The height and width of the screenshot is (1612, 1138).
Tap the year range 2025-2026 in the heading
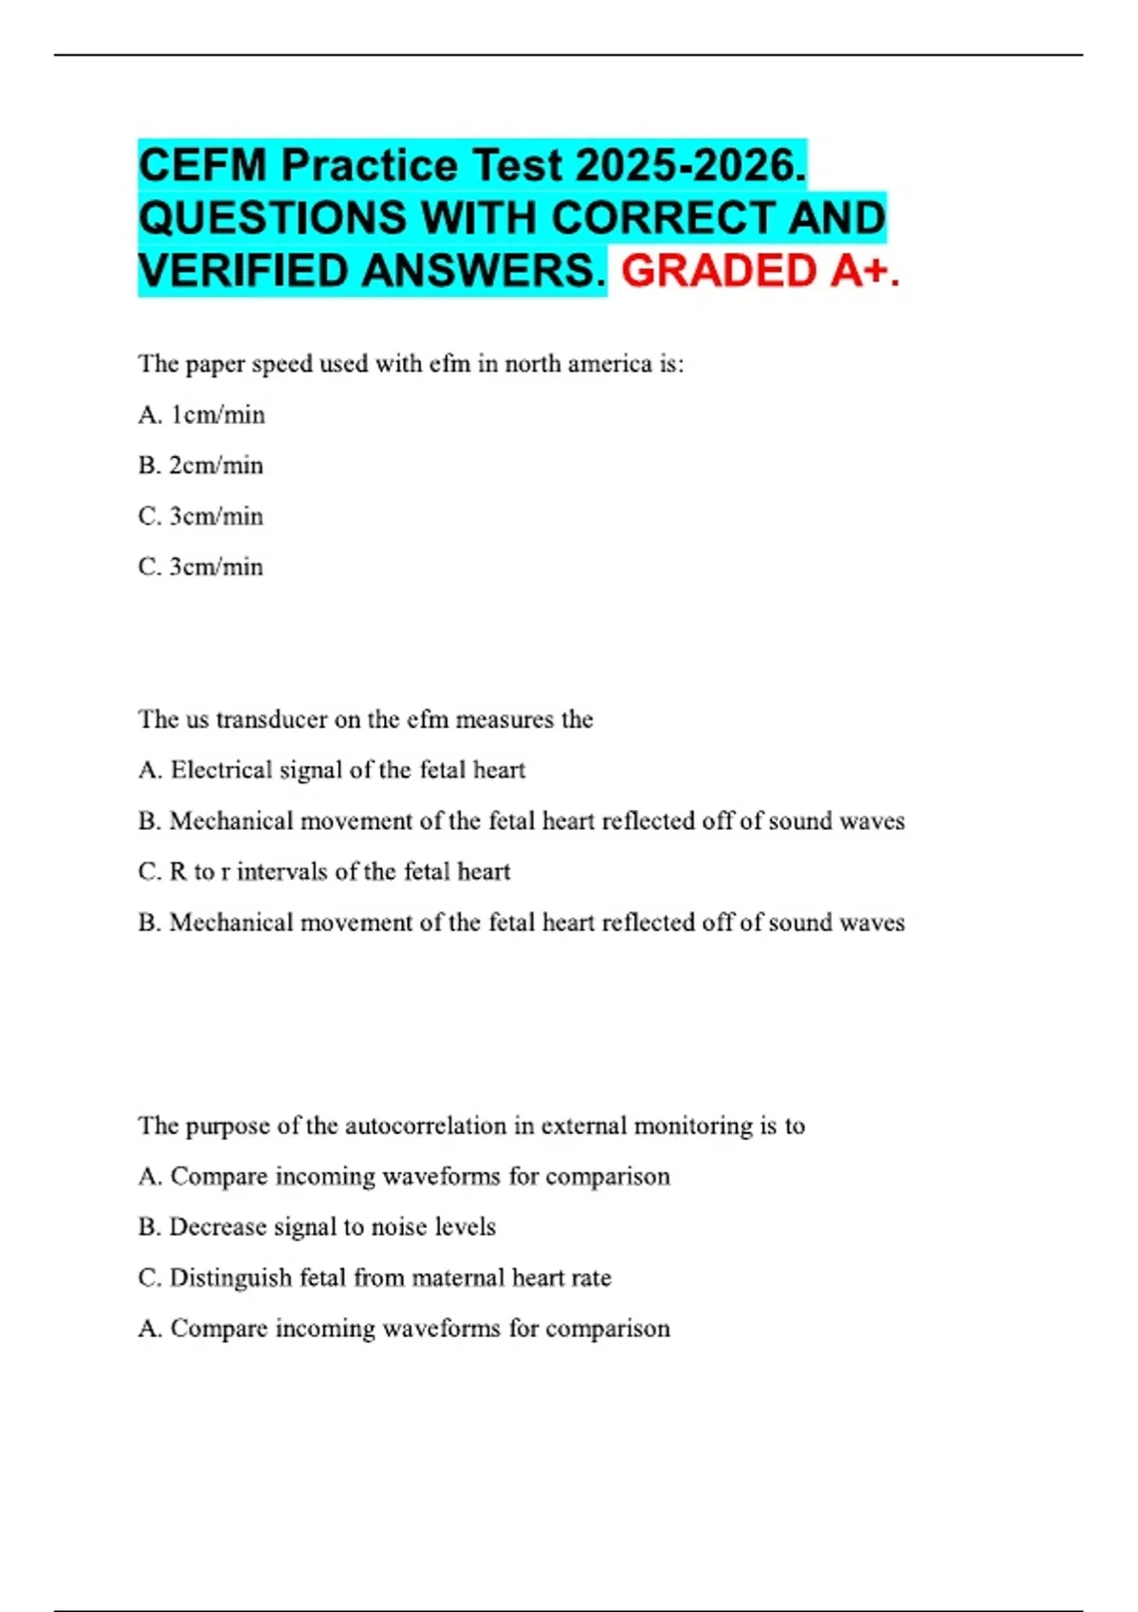(689, 166)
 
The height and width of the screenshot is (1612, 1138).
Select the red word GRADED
(719, 271)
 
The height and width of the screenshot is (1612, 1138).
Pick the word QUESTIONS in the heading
(271, 218)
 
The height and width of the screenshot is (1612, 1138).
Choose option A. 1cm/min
(201, 415)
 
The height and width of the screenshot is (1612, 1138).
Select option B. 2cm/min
(200, 466)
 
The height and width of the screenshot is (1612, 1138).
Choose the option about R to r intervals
(323, 871)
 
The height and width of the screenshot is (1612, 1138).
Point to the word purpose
(228, 1127)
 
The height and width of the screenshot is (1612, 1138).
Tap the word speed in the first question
(282, 364)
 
